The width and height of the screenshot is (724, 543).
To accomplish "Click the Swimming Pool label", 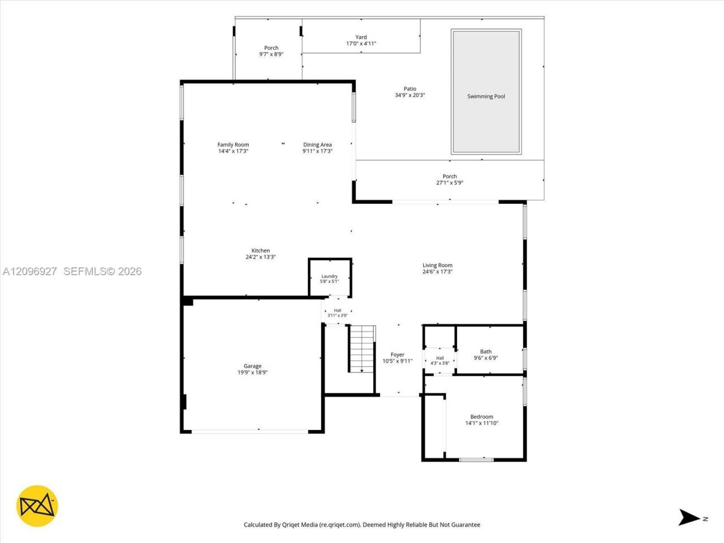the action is (486, 96).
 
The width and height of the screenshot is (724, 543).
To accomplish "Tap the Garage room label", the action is (252, 366).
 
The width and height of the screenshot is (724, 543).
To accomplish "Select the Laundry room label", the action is (330, 276).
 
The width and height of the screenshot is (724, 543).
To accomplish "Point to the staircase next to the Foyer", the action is (362, 349).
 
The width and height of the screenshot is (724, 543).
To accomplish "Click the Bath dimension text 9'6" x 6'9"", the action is (485, 357).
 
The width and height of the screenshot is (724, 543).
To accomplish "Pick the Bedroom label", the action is (481, 416).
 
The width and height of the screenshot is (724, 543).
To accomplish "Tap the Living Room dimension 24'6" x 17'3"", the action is (437, 271).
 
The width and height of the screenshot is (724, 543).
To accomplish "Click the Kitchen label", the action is (261, 251).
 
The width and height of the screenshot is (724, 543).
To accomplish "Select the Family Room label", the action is (233, 144).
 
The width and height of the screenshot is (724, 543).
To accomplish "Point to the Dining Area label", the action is (317, 144).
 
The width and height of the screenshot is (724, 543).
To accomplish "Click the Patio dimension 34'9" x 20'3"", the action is (410, 95).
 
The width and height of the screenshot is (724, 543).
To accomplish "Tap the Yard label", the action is (361, 37).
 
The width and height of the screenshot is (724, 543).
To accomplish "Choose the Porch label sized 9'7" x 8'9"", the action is (271, 48).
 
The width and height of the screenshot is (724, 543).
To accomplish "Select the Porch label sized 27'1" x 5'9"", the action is (450, 176).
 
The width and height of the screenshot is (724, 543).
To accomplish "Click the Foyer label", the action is (397, 355).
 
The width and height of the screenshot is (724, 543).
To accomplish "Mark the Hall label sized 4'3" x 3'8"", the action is (440, 358).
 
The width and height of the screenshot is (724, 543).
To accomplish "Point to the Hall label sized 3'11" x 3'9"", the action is (338, 310).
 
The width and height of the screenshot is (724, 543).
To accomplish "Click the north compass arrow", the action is (689, 518).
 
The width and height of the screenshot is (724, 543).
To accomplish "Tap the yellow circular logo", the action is (37, 506).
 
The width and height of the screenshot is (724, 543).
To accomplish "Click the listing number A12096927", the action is (29, 271).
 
